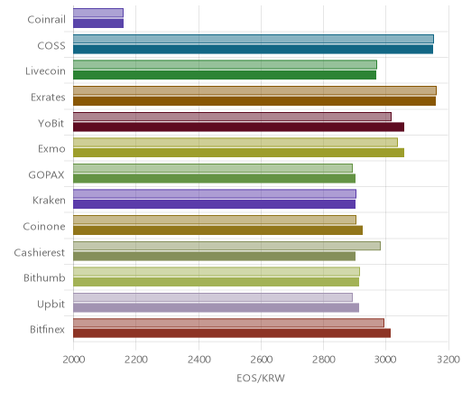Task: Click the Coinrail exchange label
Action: [x=46, y=20]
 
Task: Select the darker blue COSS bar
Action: [x=253, y=50]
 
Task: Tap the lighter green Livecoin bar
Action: [x=225, y=65]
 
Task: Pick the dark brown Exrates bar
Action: [x=254, y=101]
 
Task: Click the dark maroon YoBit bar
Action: [x=238, y=127]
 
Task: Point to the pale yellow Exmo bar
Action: [x=236, y=143]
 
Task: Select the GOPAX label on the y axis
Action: [x=46, y=175]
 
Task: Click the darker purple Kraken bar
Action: [x=214, y=204]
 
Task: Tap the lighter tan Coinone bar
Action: [x=215, y=220]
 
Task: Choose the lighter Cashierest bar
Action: [x=226, y=246]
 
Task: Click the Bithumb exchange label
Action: [x=44, y=277]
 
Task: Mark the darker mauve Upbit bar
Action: [x=216, y=308]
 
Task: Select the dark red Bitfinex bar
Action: [x=232, y=333]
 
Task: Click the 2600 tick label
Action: [x=262, y=360]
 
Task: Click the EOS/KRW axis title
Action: [x=261, y=378]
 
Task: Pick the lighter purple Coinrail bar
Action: [x=98, y=13]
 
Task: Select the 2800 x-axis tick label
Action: [x=324, y=360]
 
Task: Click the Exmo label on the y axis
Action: [x=51, y=149]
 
